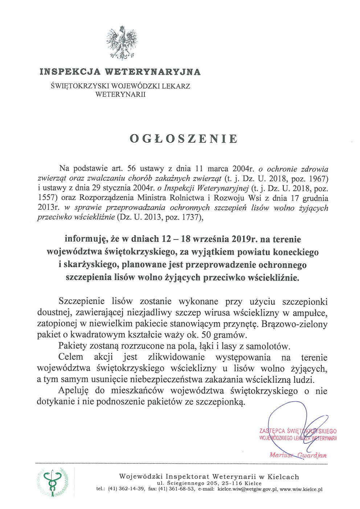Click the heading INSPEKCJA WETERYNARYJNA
[120, 71]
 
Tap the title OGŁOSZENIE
[184, 139]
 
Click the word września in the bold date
[209, 239]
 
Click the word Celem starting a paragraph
[71, 357]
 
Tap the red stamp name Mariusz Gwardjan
[298, 455]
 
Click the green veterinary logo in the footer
[52, 482]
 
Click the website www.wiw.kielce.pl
[301, 489]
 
